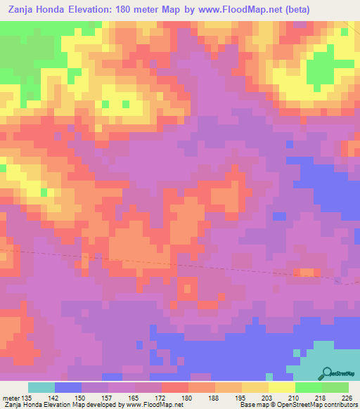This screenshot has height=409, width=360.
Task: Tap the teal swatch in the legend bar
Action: (x=41, y=387)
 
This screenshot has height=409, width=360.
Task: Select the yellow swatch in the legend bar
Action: (x=282, y=387)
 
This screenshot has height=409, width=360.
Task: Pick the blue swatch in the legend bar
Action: (x=68, y=387)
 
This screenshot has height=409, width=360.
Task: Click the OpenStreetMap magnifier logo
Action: (x=328, y=373)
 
